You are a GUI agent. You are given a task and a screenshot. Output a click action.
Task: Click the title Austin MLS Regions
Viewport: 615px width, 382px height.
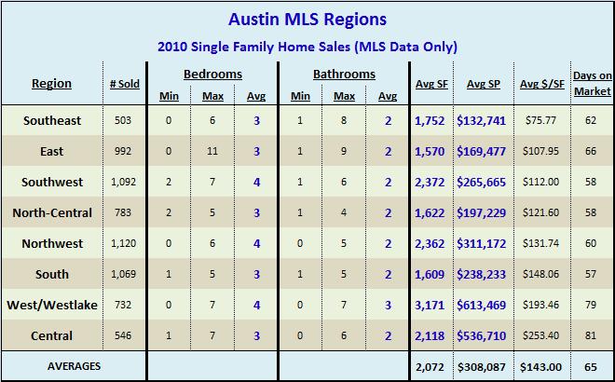click(x=307, y=19)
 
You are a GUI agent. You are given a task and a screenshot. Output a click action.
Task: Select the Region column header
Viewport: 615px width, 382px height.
click(x=51, y=83)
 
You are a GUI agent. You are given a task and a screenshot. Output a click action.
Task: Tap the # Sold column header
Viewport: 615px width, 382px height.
click(x=124, y=84)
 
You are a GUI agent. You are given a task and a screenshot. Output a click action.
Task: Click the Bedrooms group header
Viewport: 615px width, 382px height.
click(x=212, y=74)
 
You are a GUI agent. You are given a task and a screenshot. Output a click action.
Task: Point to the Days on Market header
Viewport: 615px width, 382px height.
click(x=593, y=83)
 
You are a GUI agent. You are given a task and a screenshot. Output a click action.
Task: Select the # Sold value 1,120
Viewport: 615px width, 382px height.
click(x=124, y=243)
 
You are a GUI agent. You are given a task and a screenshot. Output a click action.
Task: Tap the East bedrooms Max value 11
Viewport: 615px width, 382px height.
click(x=212, y=151)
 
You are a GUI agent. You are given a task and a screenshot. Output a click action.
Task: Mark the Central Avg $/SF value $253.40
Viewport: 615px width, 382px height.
click(x=542, y=335)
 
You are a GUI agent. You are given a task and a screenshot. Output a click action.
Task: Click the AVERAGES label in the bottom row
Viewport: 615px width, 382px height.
click(x=74, y=367)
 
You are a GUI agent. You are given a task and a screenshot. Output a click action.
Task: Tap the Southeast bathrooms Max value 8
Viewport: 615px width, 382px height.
click(x=345, y=120)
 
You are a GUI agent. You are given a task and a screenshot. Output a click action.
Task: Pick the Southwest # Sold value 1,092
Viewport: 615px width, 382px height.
click(x=124, y=182)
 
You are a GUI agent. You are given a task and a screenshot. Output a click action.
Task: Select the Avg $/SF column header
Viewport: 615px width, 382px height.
click(x=542, y=84)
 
